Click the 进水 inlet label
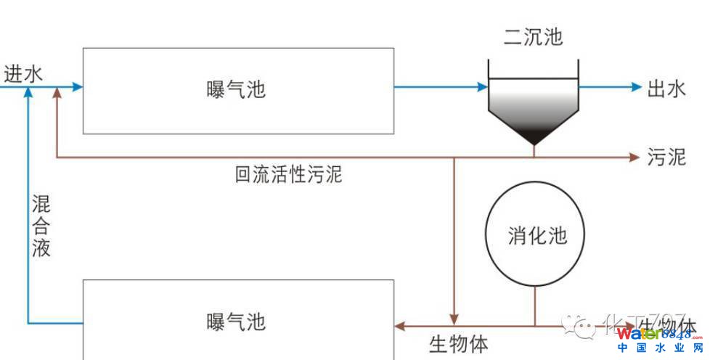point(23,74)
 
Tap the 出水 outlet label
point(666,89)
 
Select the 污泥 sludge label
point(666,157)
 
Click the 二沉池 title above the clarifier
point(534,36)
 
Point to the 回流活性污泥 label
point(288,174)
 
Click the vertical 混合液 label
point(41,225)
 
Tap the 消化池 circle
point(536,234)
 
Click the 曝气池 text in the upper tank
point(237,90)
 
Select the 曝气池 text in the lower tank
point(237,321)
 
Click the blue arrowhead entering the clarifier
point(482,88)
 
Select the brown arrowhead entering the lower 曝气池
point(399,326)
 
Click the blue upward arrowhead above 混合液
point(28,94)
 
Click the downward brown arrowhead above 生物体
point(454,320)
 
